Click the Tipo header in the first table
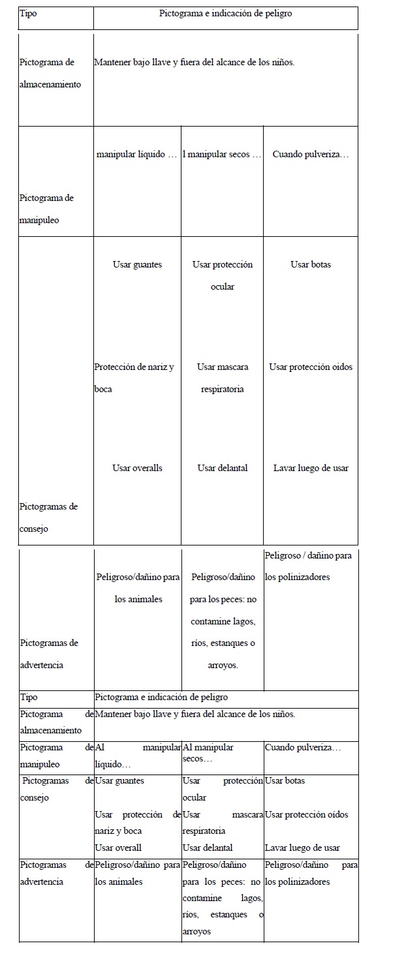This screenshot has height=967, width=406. coord(29,14)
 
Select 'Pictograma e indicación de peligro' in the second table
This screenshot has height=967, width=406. coord(161,698)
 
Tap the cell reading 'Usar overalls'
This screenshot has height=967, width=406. coord(137,468)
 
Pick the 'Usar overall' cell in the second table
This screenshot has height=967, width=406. coord(118,848)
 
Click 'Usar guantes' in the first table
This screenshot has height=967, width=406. coord(137,264)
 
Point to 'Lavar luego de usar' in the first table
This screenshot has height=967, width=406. coord(311,468)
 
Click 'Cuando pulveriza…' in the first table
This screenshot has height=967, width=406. coord(311,155)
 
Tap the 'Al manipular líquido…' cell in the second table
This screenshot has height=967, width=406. coord(137,755)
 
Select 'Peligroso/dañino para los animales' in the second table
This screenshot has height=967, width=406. coord(137,873)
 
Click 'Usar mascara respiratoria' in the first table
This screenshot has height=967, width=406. coord(223,378)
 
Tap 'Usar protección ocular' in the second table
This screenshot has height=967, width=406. coord(222,789)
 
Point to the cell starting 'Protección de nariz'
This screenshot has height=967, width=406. coord(134,378)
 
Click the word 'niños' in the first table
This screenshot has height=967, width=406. coord(287,63)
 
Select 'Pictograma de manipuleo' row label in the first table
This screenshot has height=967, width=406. coord(46,209)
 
